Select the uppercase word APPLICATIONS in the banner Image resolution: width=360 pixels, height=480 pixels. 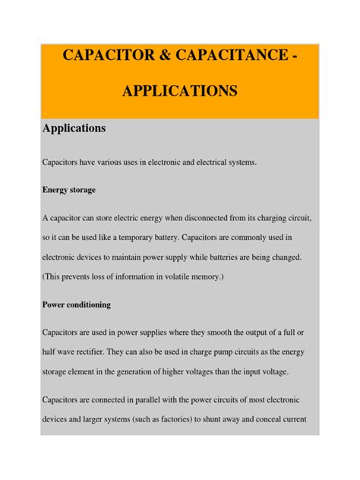pos(180,92)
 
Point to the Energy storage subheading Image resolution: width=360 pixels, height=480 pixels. pos(68,189)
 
